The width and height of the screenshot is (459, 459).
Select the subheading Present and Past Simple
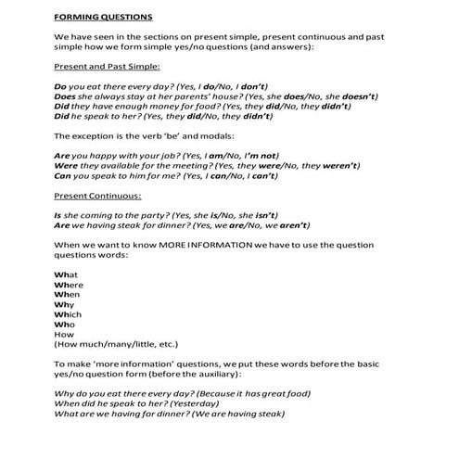(108, 67)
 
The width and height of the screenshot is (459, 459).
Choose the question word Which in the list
(68, 315)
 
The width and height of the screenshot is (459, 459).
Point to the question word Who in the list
(64, 326)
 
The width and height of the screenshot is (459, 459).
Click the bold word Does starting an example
(66, 96)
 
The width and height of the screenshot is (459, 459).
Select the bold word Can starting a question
(63, 175)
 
